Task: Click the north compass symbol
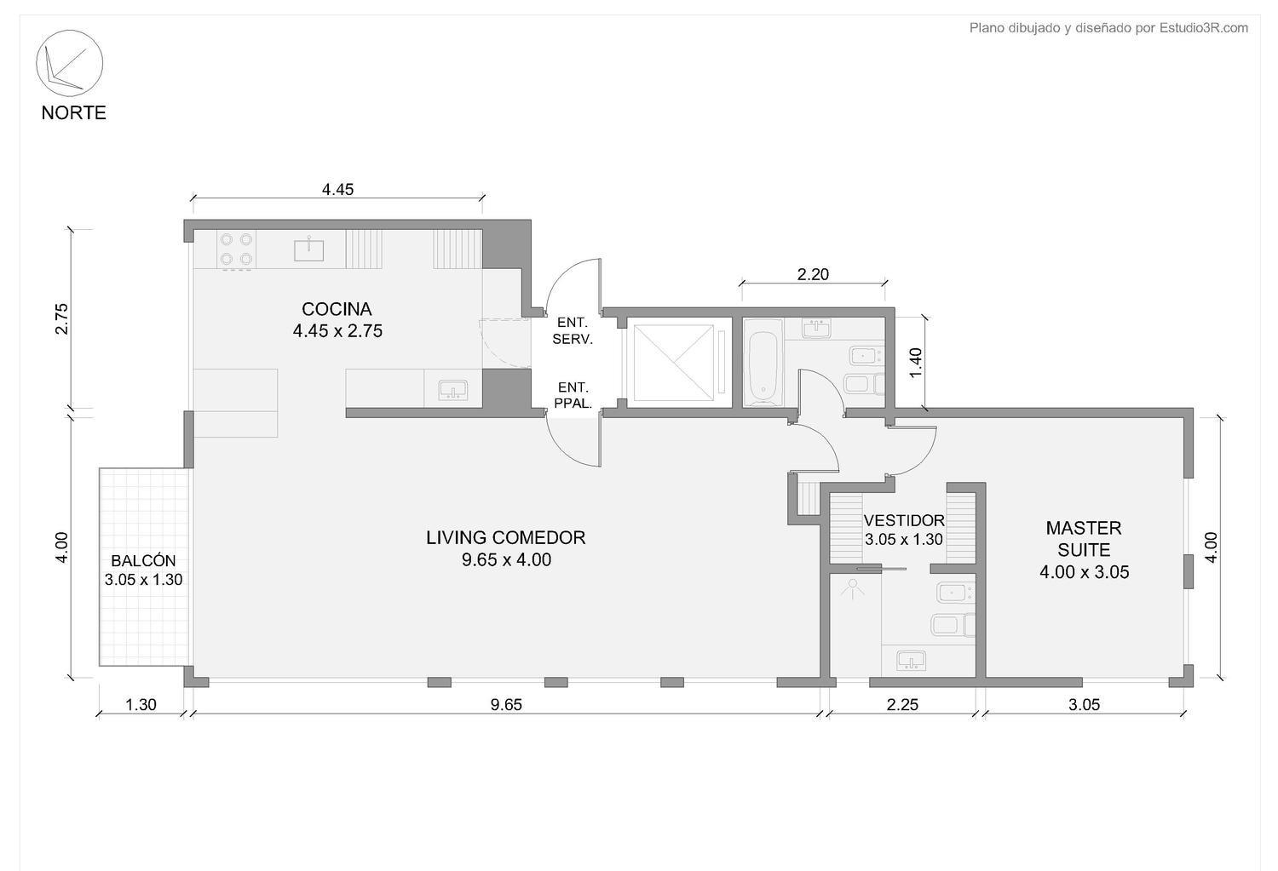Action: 70,63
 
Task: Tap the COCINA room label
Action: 337,309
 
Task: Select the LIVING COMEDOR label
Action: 505,537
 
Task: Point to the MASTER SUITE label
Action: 1084,539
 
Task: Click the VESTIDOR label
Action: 904,520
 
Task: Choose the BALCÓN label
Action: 143,560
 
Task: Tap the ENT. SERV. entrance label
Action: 573,331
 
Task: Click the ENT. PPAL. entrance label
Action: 573,396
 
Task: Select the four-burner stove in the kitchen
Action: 236,249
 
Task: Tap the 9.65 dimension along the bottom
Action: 506,705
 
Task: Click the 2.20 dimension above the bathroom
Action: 813,274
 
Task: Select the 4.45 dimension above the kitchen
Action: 337,189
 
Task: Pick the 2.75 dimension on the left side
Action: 61,318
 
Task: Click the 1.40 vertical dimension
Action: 915,363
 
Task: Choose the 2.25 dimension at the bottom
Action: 902,705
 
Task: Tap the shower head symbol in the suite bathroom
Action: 853,589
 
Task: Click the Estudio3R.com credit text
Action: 1203,28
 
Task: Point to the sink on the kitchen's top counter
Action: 308,249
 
